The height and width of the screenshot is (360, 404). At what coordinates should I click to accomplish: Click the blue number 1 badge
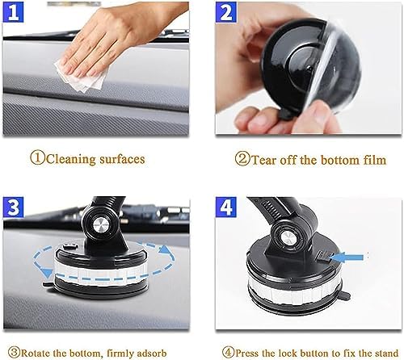(13, 12)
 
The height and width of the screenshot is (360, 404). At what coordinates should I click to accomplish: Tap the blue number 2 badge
(226, 12)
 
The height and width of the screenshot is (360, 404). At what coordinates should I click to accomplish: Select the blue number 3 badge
(14, 207)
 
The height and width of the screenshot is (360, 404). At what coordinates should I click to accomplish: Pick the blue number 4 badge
(226, 207)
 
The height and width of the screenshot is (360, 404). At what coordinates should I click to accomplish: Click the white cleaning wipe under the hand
(81, 75)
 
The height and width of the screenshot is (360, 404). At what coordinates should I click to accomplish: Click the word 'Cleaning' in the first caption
(71, 159)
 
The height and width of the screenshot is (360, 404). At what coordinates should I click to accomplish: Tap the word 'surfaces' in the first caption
(122, 159)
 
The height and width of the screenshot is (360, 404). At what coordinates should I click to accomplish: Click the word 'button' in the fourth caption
(315, 353)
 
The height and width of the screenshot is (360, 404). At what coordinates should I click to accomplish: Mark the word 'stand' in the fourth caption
(385, 353)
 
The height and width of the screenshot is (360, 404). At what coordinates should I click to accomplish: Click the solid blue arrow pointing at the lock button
(347, 257)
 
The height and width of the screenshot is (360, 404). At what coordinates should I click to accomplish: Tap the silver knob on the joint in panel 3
(101, 224)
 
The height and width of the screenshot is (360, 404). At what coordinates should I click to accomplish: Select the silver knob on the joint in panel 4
(288, 238)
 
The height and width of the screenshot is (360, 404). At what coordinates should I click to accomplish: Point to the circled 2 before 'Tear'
(242, 159)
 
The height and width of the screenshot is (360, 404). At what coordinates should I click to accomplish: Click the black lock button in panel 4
(324, 257)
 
